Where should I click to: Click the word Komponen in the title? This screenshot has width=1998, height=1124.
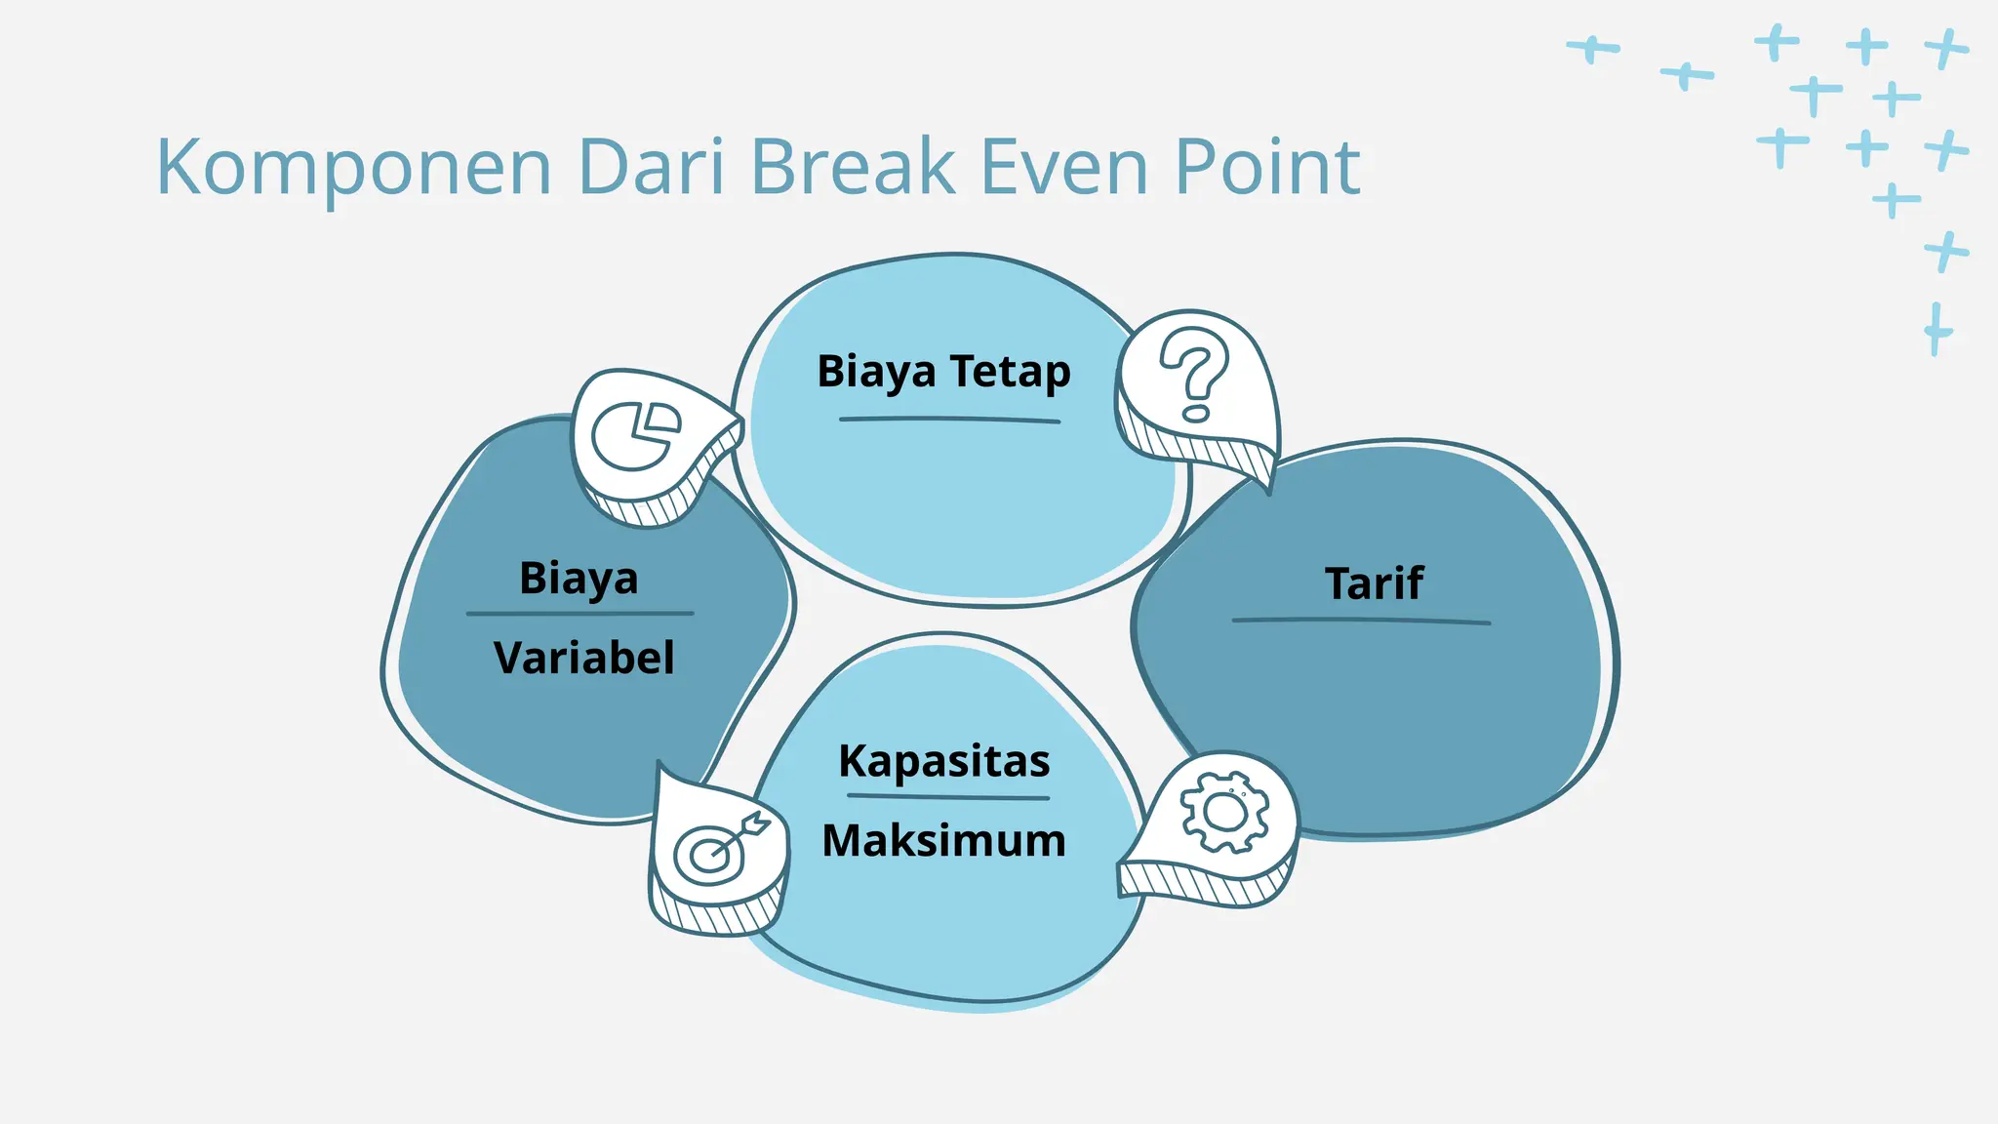click(x=353, y=169)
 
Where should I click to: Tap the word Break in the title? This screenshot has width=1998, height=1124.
click(x=853, y=167)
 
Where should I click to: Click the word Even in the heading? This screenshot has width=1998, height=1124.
click(x=1063, y=167)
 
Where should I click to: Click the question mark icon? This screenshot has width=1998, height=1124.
click(x=1194, y=375)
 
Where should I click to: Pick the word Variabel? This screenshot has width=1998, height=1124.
click(x=583, y=658)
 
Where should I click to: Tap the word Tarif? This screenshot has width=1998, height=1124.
click(x=1374, y=583)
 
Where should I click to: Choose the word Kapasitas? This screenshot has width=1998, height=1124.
click(x=944, y=761)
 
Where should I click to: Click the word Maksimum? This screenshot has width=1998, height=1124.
click(x=944, y=841)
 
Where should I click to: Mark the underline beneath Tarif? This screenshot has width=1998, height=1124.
click(x=1360, y=621)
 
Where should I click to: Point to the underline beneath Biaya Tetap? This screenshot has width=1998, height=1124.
click(x=948, y=420)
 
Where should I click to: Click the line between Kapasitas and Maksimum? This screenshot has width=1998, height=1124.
click(x=947, y=797)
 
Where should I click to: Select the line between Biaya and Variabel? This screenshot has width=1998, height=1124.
click(x=579, y=614)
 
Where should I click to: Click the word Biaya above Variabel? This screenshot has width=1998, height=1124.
click(x=579, y=579)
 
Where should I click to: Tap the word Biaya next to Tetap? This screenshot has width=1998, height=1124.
click(x=876, y=372)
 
